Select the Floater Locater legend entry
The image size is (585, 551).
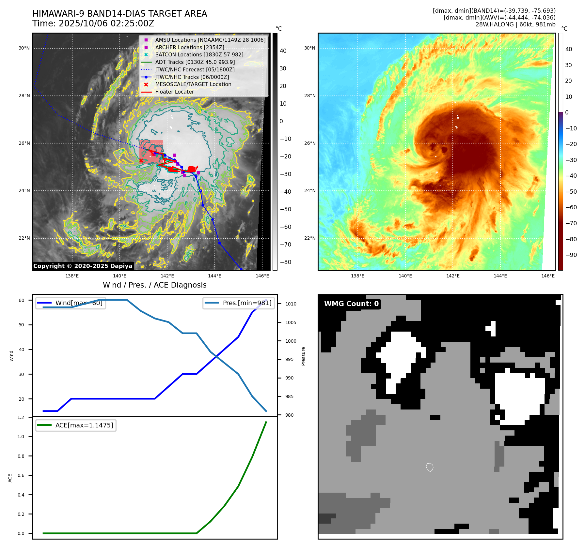[174, 92]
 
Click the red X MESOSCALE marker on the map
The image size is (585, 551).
[141, 160]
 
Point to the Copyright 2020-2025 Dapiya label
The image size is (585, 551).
[83, 266]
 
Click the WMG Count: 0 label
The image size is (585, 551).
[351, 304]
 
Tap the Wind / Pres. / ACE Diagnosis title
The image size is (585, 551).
[154, 285]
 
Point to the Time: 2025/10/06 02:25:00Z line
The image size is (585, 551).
[93, 23]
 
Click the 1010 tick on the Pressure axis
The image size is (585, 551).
[291, 304]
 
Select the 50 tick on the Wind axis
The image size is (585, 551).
[21, 325]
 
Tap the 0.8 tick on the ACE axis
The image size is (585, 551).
[21, 456]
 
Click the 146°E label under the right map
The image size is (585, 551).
[548, 276]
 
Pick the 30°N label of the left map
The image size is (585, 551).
[24, 48]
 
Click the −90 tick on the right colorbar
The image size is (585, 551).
[571, 255]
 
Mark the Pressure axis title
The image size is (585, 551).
[303, 356]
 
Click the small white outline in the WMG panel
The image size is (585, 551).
[430, 467]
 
